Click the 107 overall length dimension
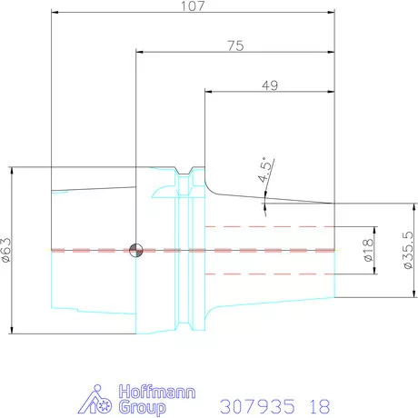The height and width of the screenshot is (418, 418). point(193,6)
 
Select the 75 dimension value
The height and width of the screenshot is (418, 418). point(235,45)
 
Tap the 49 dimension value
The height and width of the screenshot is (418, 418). point(270,85)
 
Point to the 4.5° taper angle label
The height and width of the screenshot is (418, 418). point(264,170)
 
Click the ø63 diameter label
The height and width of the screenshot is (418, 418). point(6,250)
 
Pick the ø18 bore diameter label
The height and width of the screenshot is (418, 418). point(368,250)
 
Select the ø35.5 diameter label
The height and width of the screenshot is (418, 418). point(408,250)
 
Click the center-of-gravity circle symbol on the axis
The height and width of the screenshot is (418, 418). point(136,250)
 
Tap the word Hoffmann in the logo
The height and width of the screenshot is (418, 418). point(157,392)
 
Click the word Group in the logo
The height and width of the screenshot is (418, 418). point(142,407)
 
